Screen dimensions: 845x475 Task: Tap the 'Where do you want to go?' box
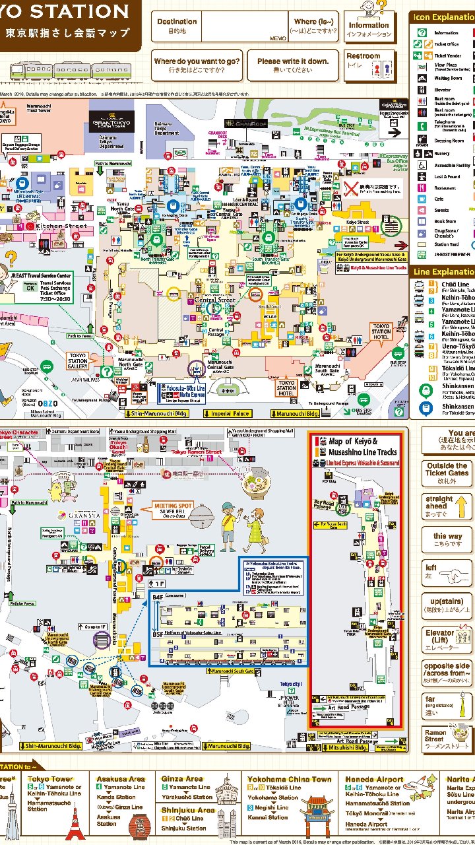196,64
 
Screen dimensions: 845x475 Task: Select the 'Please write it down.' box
292,64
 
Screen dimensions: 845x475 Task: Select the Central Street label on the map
215,300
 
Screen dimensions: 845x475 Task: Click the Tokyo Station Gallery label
78,360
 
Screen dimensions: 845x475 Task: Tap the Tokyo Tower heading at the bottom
51,780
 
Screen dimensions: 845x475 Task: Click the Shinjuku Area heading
188,810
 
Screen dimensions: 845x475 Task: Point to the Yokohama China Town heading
289,780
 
